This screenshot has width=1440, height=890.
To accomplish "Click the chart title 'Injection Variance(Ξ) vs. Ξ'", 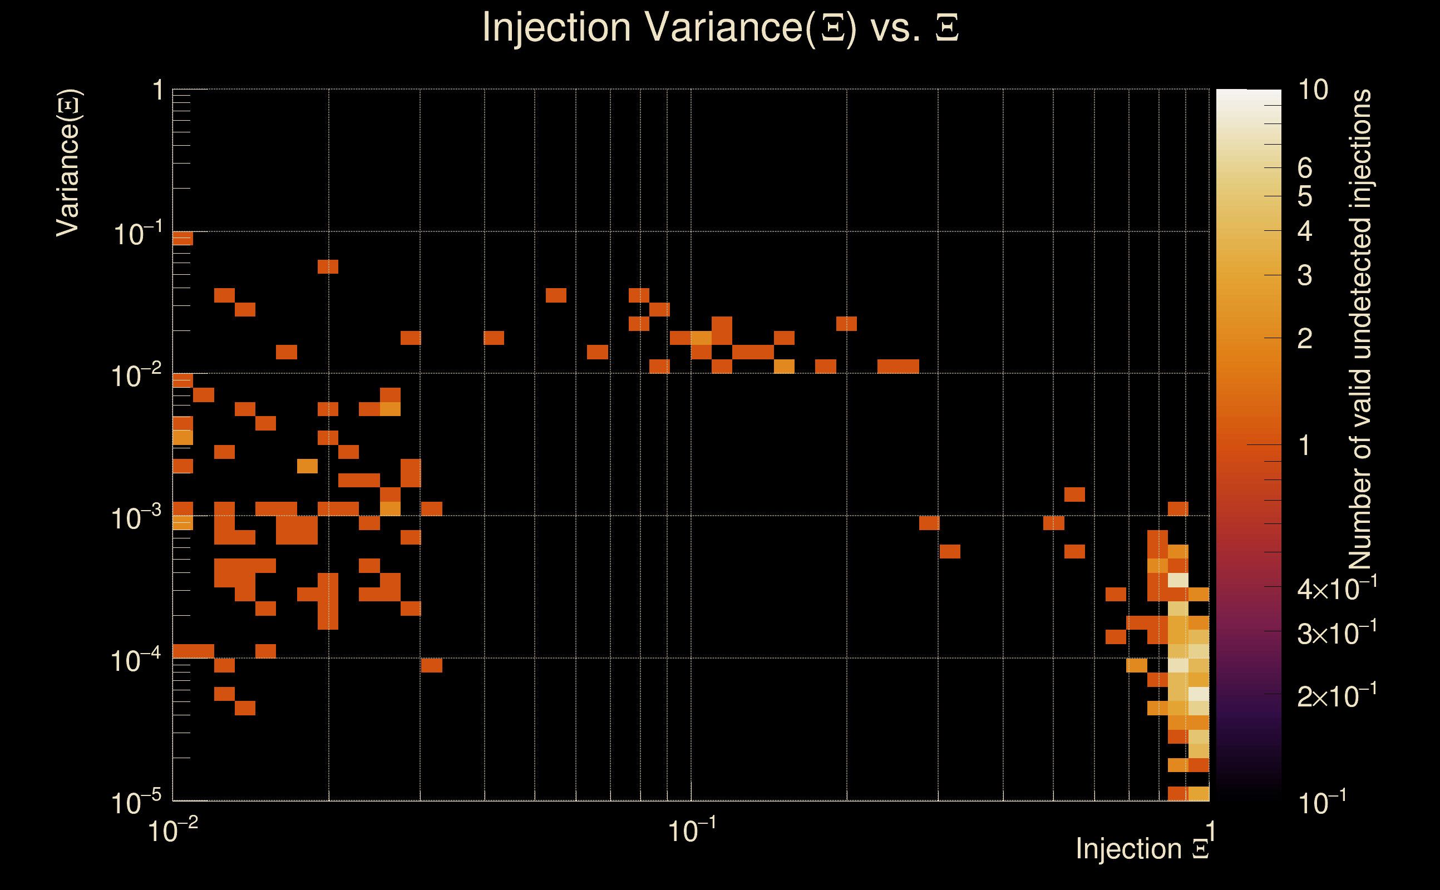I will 720,27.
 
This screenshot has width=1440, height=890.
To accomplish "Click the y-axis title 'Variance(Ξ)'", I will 68,163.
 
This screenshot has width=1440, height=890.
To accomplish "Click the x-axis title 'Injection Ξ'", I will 1142,849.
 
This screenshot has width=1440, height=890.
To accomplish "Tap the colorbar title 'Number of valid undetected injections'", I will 1360,330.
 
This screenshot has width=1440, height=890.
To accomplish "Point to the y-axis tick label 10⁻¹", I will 136,234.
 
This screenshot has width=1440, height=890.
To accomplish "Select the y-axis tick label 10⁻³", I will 136,518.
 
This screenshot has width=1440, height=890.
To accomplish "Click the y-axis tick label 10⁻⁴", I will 136,660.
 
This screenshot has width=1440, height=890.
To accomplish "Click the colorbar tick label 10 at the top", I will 1313,90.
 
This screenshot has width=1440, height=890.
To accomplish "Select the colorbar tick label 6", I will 1305,169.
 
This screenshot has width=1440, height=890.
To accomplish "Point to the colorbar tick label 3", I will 1305,275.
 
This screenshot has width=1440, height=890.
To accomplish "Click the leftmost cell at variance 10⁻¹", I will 183,239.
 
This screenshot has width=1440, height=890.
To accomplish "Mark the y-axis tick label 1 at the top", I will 157,91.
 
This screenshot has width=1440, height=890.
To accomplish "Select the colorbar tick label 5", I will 1305,196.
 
